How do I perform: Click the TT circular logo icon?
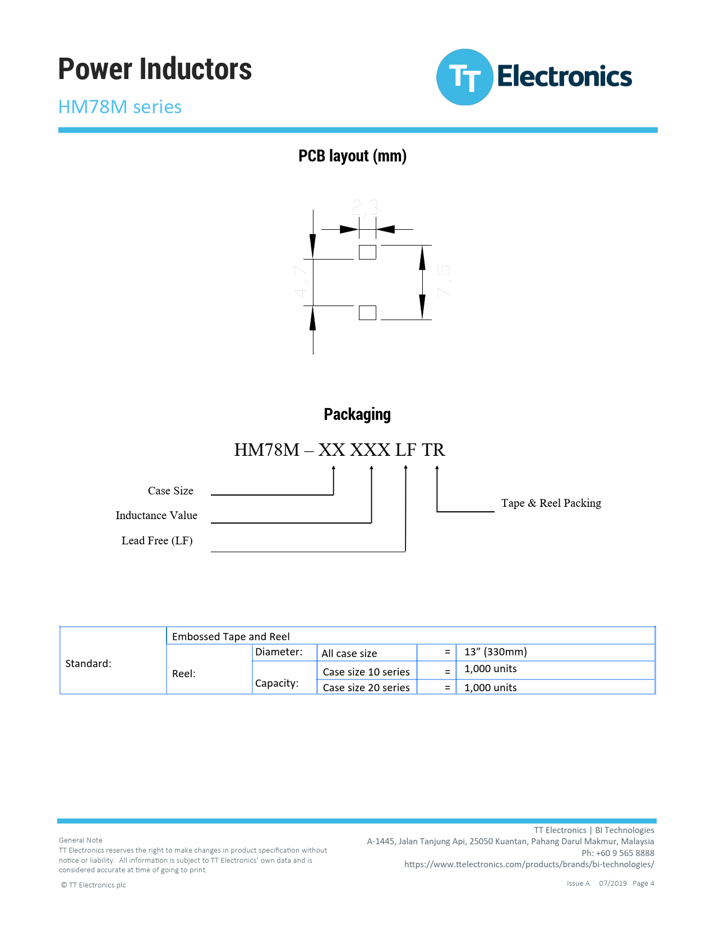point(464,77)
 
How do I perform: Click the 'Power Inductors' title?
point(155,69)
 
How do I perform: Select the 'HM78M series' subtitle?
point(120,107)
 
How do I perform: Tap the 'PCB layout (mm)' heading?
point(352,156)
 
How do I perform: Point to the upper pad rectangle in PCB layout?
point(367,252)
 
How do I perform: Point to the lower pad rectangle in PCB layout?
point(367,312)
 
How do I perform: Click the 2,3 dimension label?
point(366,207)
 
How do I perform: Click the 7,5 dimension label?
point(444,280)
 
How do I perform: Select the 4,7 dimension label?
point(301,282)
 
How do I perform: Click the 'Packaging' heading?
point(357,414)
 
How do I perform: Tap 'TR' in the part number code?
point(433,450)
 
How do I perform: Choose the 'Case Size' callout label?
point(170,491)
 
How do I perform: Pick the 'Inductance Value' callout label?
point(156,515)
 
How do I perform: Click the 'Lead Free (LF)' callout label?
point(157,540)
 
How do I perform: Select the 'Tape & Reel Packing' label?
point(551,503)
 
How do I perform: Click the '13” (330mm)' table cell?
point(496,651)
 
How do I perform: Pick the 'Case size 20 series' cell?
point(366,687)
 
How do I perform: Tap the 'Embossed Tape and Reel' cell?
point(231,636)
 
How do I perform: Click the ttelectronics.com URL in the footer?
point(529,864)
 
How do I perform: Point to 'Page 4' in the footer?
point(643,883)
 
